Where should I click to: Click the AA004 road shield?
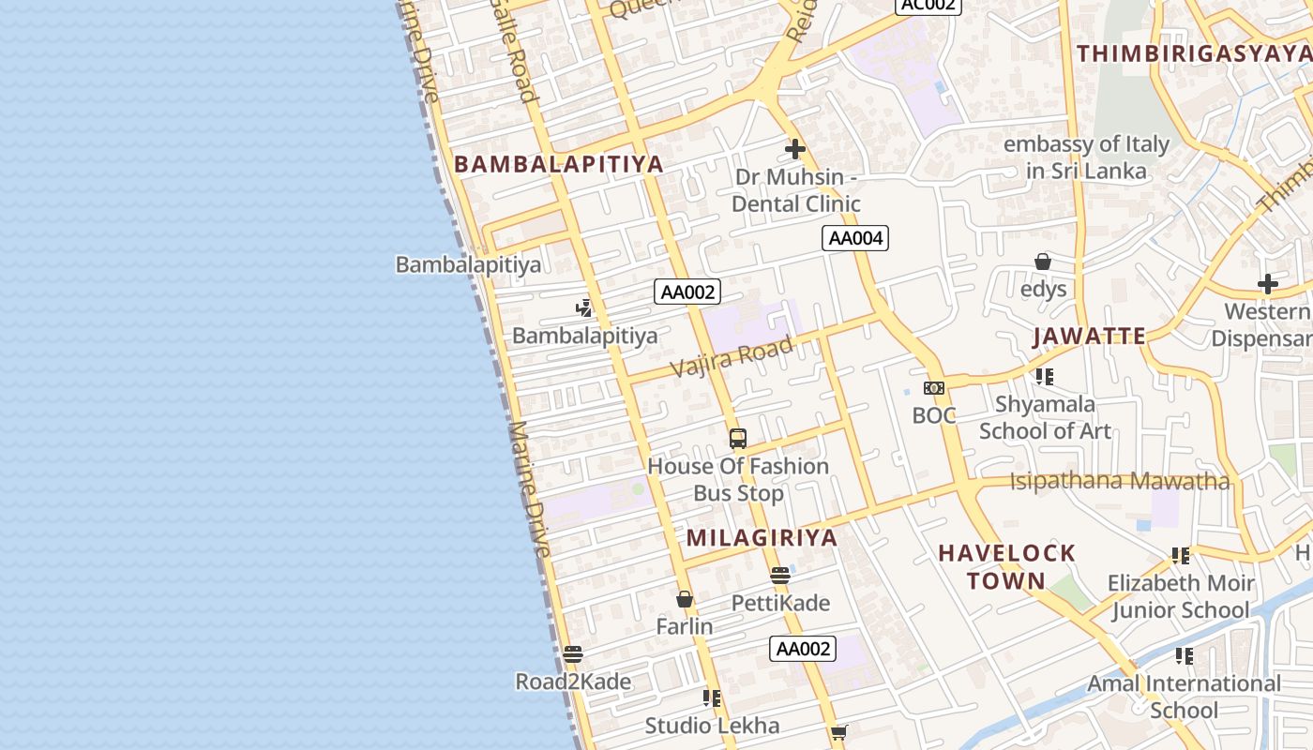click(x=855, y=238)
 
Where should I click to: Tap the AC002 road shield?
click(x=928, y=6)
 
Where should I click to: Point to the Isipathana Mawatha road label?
click(x=1119, y=482)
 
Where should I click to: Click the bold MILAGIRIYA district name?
click(x=762, y=537)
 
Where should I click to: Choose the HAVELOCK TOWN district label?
click(x=1006, y=566)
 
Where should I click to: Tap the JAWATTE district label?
click(x=1089, y=337)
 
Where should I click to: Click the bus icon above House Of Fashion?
click(x=738, y=438)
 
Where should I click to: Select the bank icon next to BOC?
click(x=934, y=388)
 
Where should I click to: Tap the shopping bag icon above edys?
click(x=1043, y=262)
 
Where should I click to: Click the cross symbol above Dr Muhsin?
click(x=795, y=149)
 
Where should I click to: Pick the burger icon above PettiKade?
click(x=780, y=576)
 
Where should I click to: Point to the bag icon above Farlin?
click(x=685, y=599)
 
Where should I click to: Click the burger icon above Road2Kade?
click(x=573, y=653)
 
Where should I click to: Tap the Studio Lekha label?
click(x=712, y=725)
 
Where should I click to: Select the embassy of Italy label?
click(x=1086, y=157)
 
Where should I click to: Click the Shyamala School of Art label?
click(x=1045, y=417)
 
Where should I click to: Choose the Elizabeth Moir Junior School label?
click(x=1180, y=596)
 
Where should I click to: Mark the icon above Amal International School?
click(x=1185, y=656)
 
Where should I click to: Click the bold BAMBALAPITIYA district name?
click(x=559, y=164)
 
